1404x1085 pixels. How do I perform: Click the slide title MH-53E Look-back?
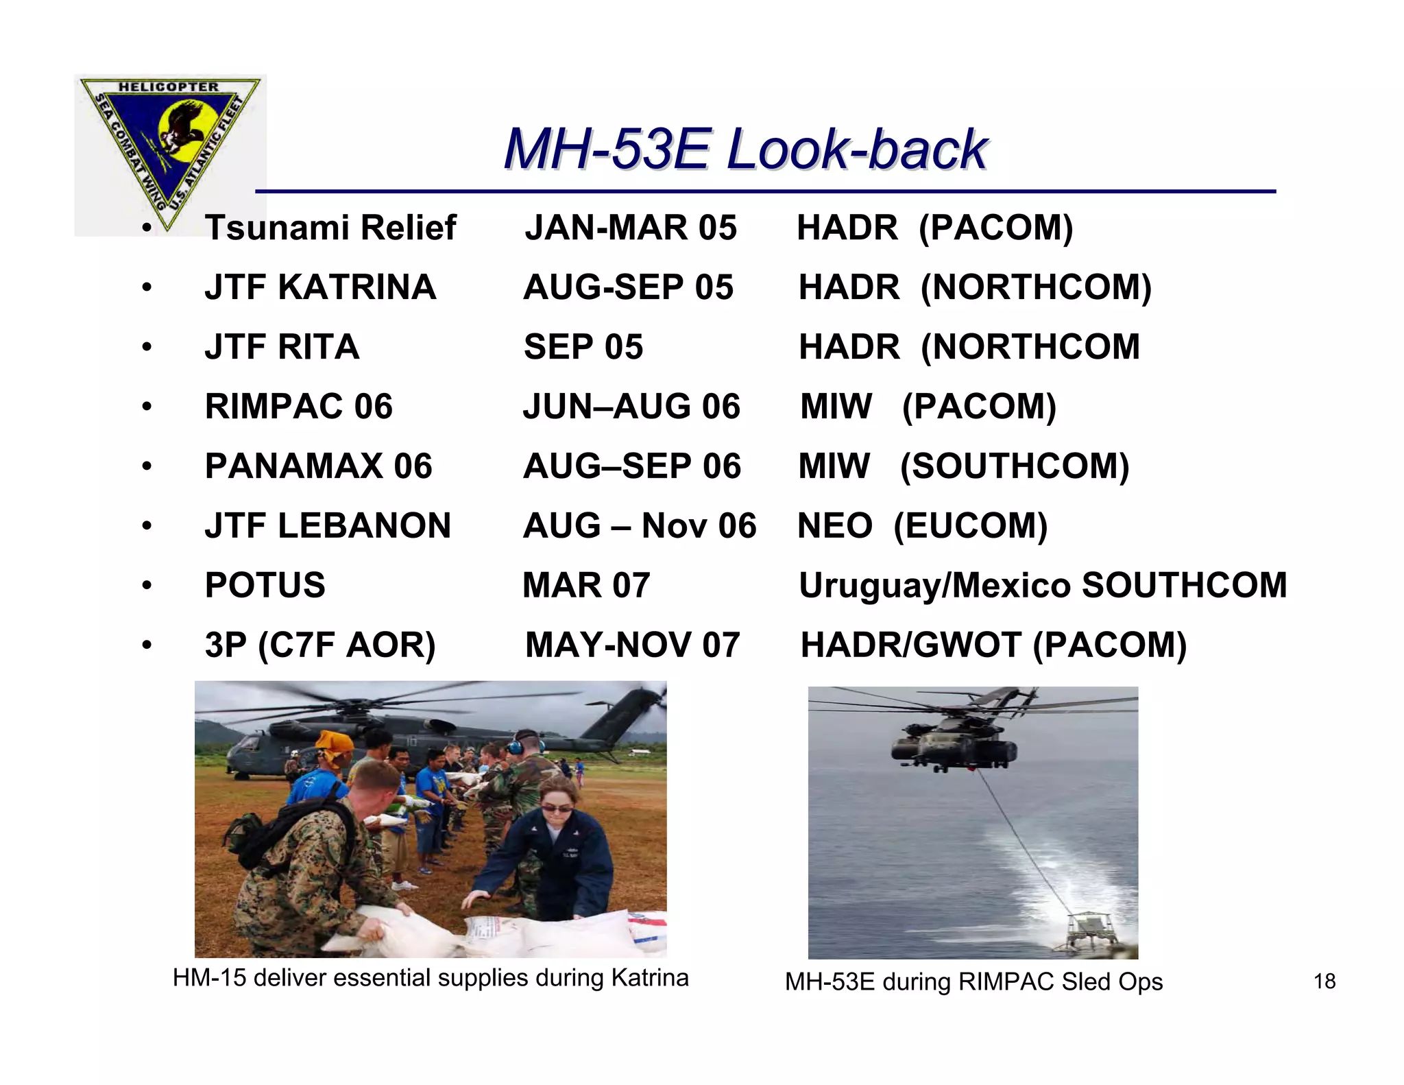pyautogui.click(x=745, y=150)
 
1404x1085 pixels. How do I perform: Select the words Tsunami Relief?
pyautogui.click(x=330, y=228)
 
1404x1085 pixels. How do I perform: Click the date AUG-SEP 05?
pyautogui.click(x=628, y=287)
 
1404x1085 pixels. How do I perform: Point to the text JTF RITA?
pyautogui.click(x=282, y=347)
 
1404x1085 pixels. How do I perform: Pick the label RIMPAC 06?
pyautogui.click(x=299, y=407)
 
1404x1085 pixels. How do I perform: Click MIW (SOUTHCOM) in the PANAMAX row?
pyautogui.click(x=963, y=466)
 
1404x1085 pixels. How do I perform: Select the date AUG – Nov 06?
pyautogui.click(x=639, y=526)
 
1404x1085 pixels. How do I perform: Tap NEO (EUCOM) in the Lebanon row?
pyautogui.click(x=923, y=526)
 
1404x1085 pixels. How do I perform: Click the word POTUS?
pyautogui.click(x=265, y=586)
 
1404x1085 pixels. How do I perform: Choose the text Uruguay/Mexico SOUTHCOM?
pyautogui.click(x=1042, y=586)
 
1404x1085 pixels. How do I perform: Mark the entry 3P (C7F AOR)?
pyautogui.click(x=320, y=645)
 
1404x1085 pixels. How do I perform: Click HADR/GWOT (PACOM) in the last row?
pyautogui.click(x=993, y=645)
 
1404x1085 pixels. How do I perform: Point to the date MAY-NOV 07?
pyautogui.click(x=632, y=645)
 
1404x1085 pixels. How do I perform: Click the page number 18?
pyautogui.click(x=1324, y=981)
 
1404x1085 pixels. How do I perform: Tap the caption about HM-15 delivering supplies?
pyautogui.click(x=431, y=978)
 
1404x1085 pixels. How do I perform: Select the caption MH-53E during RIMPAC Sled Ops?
pyautogui.click(x=973, y=982)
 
